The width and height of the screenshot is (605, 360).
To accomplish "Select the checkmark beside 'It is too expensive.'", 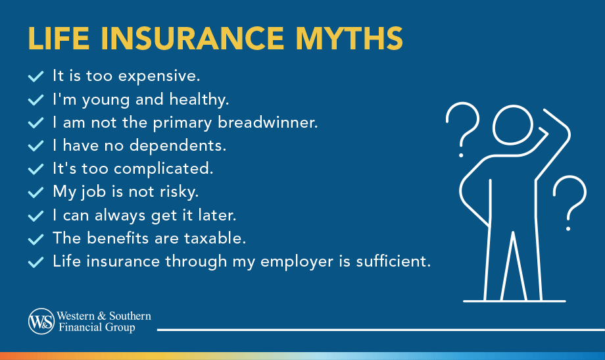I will click(36, 77).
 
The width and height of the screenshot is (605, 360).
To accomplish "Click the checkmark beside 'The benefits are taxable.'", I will click(36, 239).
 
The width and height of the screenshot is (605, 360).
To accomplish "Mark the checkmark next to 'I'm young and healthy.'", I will click(36, 100).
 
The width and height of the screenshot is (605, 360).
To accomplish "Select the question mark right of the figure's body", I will click(569, 200).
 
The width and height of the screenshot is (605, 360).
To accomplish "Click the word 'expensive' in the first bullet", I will click(166, 76).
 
